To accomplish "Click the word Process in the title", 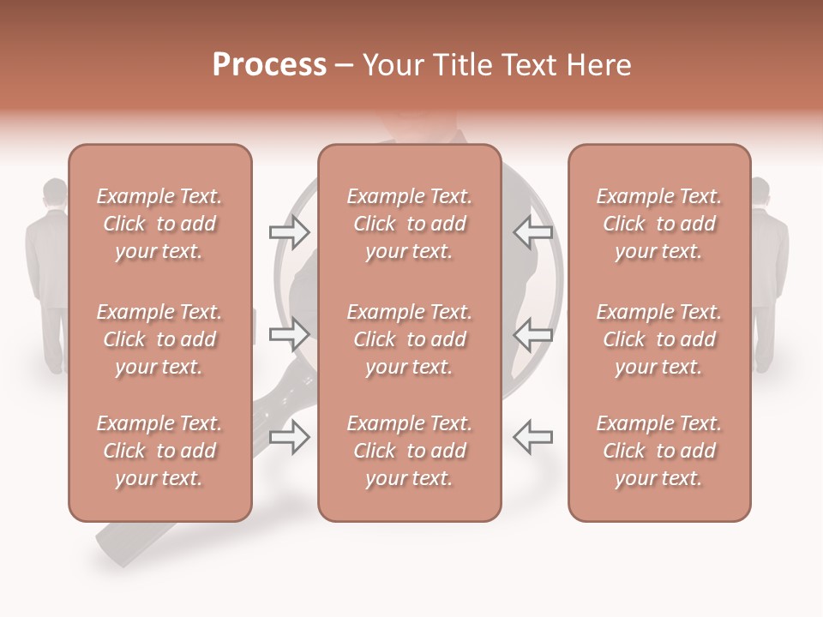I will click(269, 65).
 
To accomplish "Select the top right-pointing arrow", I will click(289, 232).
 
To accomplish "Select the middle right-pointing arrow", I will click(289, 332).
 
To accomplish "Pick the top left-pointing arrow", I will click(532, 232).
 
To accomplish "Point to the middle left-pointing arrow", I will click(532, 332).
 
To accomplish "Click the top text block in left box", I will click(159, 224).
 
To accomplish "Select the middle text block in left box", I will click(159, 339).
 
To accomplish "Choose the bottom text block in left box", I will click(159, 451).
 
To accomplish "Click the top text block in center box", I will click(409, 224).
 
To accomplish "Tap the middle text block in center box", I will click(409, 339).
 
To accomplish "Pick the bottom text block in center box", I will click(409, 451).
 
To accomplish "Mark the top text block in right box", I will click(658, 224).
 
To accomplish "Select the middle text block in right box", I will click(658, 339).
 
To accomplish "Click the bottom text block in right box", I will click(658, 451).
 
